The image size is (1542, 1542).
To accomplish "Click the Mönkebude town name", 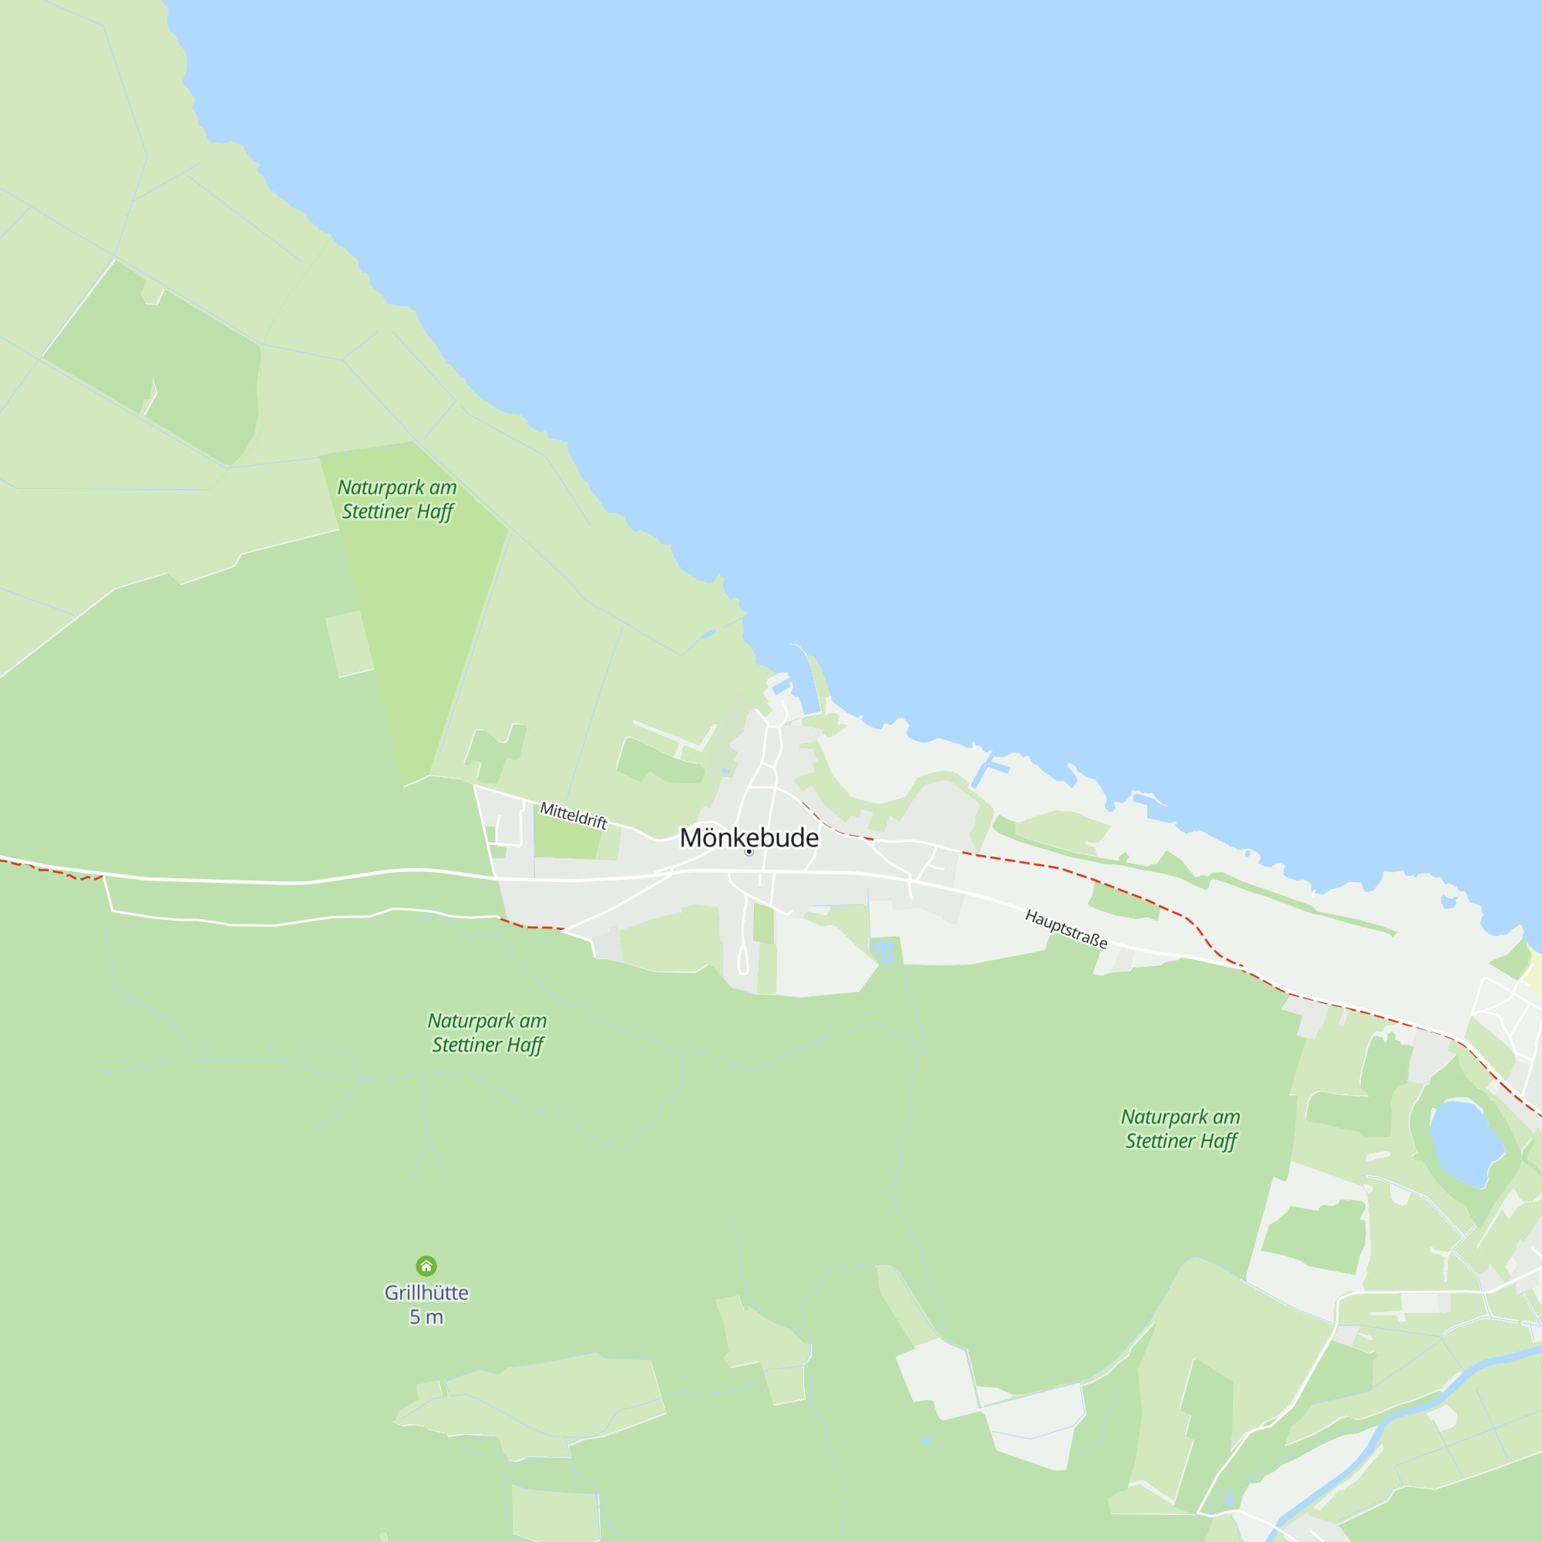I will click(x=749, y=837).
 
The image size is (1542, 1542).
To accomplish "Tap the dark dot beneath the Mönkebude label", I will click(x=749, y=852).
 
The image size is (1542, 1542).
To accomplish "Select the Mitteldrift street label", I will click(x=573, y=815).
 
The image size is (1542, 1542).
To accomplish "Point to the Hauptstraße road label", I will click(x=1066, y=928).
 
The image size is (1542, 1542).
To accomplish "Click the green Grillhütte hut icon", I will click(x=426, y=1266).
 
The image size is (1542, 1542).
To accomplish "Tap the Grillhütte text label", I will click(x=426, y=1292).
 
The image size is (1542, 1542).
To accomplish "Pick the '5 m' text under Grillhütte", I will click(x=426, y=1317).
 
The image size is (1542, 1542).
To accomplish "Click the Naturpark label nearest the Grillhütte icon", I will click(x=487, y=1032).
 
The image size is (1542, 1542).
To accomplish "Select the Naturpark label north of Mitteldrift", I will click(x=396, y=499).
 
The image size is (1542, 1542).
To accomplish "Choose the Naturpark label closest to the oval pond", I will click(x=1180, y=1129).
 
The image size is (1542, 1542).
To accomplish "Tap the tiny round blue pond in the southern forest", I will click(x=927, y=1441).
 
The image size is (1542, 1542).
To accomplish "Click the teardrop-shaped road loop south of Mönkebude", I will click(x=743, y=958).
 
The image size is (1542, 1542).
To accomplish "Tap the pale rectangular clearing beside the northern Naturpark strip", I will click(x=349, y=644).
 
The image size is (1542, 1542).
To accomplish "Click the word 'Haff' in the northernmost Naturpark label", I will click(x=434, y=512).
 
